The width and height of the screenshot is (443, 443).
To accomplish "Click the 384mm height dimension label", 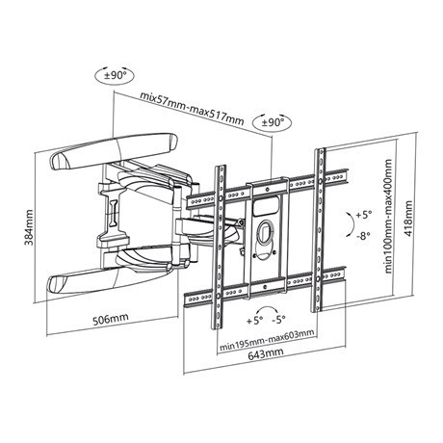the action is point(30,227).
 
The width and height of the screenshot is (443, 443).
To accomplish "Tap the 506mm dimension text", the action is point(111,319).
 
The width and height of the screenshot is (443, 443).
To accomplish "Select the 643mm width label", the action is point(266,353).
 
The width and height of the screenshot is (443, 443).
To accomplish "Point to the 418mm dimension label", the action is point(408,219).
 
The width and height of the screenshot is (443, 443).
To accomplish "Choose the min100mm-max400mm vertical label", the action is point(389,216).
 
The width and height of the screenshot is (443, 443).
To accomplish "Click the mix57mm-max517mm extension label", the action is point(192,109).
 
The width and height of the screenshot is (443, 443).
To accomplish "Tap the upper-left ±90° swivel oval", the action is point(115,76).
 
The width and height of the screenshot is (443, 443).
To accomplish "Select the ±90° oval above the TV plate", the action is point(273,122).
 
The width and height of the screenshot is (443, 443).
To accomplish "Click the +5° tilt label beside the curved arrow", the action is point(364,215).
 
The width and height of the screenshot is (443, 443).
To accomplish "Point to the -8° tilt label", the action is point(363,236).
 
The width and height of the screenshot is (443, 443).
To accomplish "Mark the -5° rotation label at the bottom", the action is point(278,320).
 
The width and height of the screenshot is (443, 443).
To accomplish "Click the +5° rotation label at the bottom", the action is point(255,321).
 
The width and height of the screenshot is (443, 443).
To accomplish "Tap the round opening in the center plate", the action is point(264,231).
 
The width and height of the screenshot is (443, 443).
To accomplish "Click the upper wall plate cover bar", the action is point(114,150).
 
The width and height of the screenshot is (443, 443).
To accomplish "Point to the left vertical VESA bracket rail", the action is point(220,248).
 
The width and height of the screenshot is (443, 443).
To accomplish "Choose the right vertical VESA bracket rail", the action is point(320,230).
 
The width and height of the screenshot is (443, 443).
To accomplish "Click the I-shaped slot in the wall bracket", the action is point(113,213).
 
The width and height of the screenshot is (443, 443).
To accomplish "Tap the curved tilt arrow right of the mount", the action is point(350,224).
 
